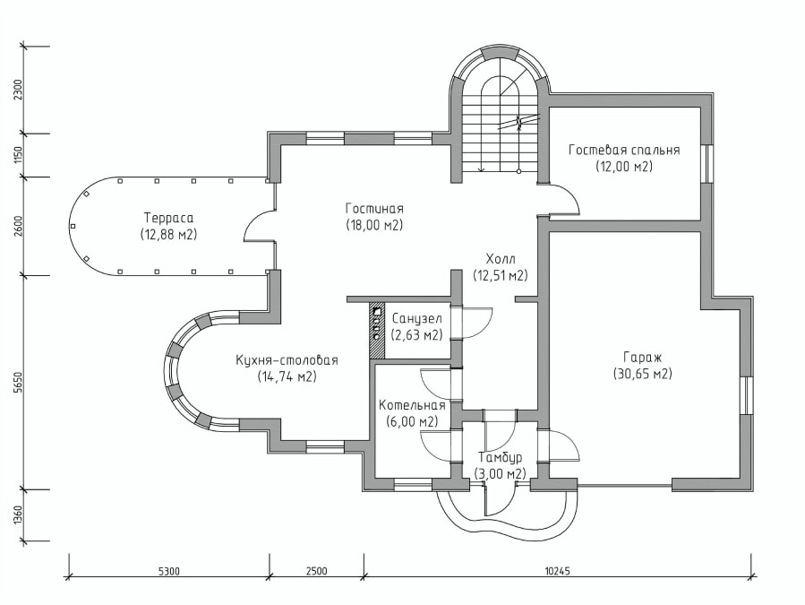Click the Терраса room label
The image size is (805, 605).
[168, 218]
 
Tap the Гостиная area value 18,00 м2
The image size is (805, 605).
[374, 225]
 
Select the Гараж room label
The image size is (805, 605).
[643, 358]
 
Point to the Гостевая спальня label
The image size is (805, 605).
[624, 150]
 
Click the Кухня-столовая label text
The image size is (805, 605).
[287, 359]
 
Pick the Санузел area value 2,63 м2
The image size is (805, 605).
[416, 335]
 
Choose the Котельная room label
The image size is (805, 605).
[412, 405]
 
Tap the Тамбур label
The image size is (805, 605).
[500, 457]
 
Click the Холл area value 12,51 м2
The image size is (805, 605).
[500, 275]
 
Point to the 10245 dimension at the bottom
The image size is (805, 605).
[558, 571]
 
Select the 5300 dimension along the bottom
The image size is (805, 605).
[169, 571]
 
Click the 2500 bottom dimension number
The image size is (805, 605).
[316, 571]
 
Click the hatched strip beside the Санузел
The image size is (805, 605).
[376, 331]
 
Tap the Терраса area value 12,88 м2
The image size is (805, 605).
[168, 235]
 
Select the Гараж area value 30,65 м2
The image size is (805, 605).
[643, 375]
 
